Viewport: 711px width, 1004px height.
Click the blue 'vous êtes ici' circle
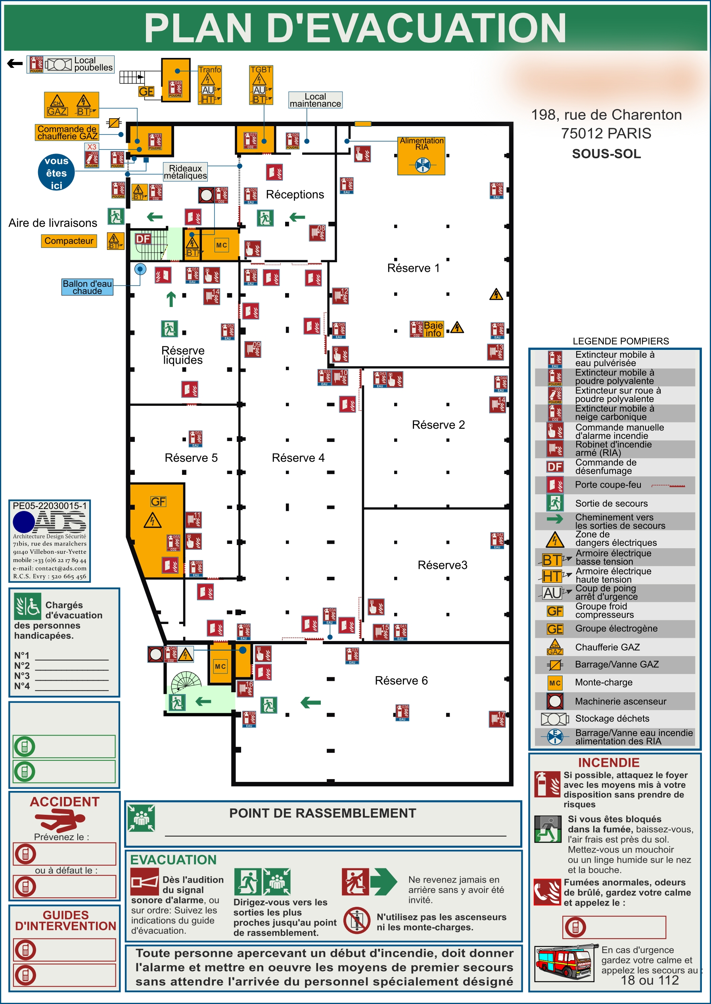click(x=56, y=173)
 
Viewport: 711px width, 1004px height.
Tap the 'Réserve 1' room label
click(x=413, y=268)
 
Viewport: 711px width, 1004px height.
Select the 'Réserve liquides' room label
click(x=182, y=355)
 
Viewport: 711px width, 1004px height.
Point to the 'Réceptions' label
click(x=295, y=194)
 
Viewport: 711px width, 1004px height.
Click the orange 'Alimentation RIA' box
click(x=421, y=156)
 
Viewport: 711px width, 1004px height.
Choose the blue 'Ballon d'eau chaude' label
click(x=87, y=287)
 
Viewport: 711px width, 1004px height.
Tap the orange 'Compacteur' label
click(x=69, y=241)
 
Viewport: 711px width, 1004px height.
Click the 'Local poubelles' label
click(x=93, y=64)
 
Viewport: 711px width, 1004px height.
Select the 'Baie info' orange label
click(x=433, y=329)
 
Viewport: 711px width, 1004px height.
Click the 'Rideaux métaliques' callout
click(x=185, y=172)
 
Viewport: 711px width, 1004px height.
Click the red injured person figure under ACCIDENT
click(x=60, y=820)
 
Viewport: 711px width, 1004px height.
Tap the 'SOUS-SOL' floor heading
click(x=606, y=154)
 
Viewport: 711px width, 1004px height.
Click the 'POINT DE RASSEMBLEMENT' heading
click(x=323, y=813)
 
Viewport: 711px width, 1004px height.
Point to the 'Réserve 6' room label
click(x=401, y=680)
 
